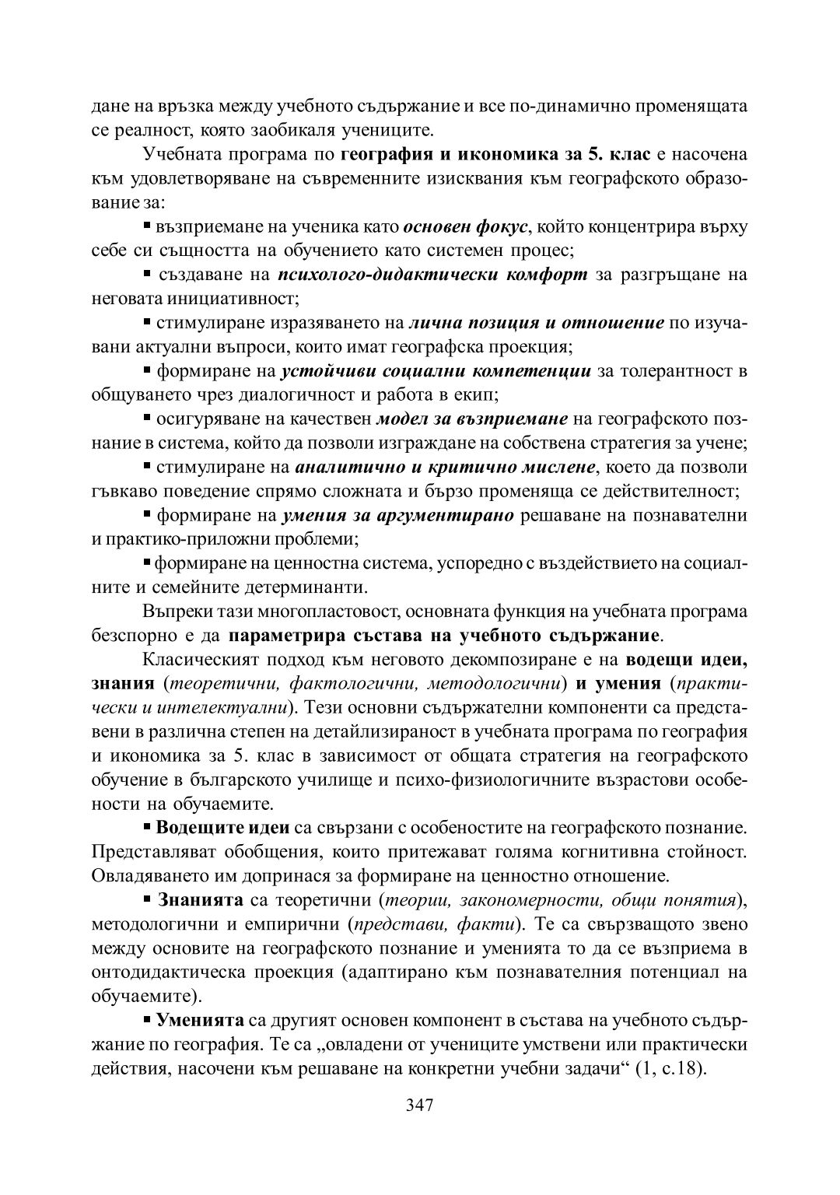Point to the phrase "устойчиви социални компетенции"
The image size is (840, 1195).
coord(436,371)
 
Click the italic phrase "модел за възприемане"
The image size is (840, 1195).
coord(472,419)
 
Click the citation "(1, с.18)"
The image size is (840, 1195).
coord(670,1067)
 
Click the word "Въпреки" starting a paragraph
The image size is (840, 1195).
coord(171,611)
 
